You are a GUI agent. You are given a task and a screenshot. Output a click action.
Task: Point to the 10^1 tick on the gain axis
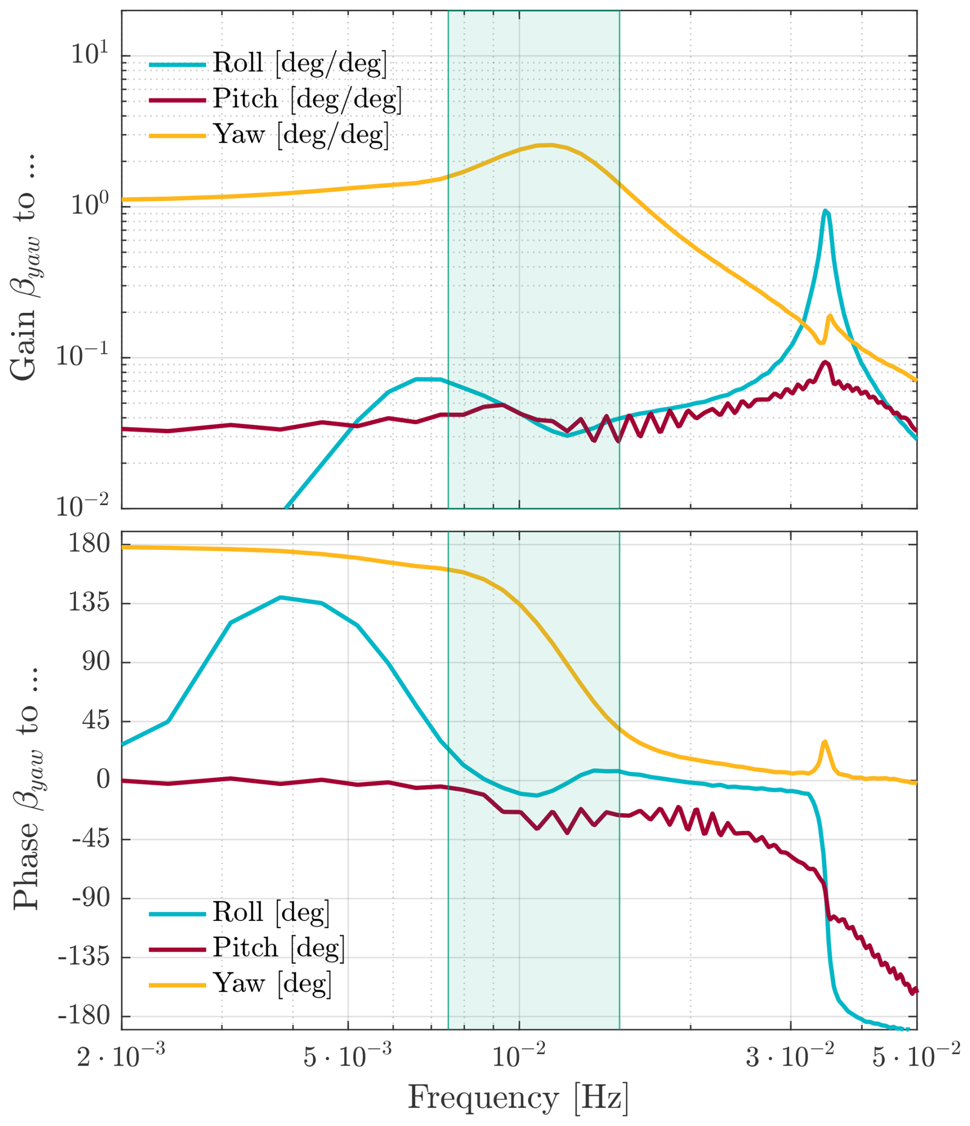pyautogui.click(x=90, y=54)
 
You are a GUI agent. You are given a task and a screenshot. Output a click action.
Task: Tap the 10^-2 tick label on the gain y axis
pyautogui.click(x=83, y=506)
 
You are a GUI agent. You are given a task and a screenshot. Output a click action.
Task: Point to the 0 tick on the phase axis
pyautogui.click(x=104, y=780)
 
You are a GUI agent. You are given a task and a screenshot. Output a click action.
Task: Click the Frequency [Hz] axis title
pyautogui.click(x=518, y=1098)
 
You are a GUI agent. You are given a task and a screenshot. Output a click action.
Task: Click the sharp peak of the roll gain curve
pyautogui.click(x=825, y=211)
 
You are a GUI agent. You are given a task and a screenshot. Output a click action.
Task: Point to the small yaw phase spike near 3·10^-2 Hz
pyautogui.click(x=824, y=742)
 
